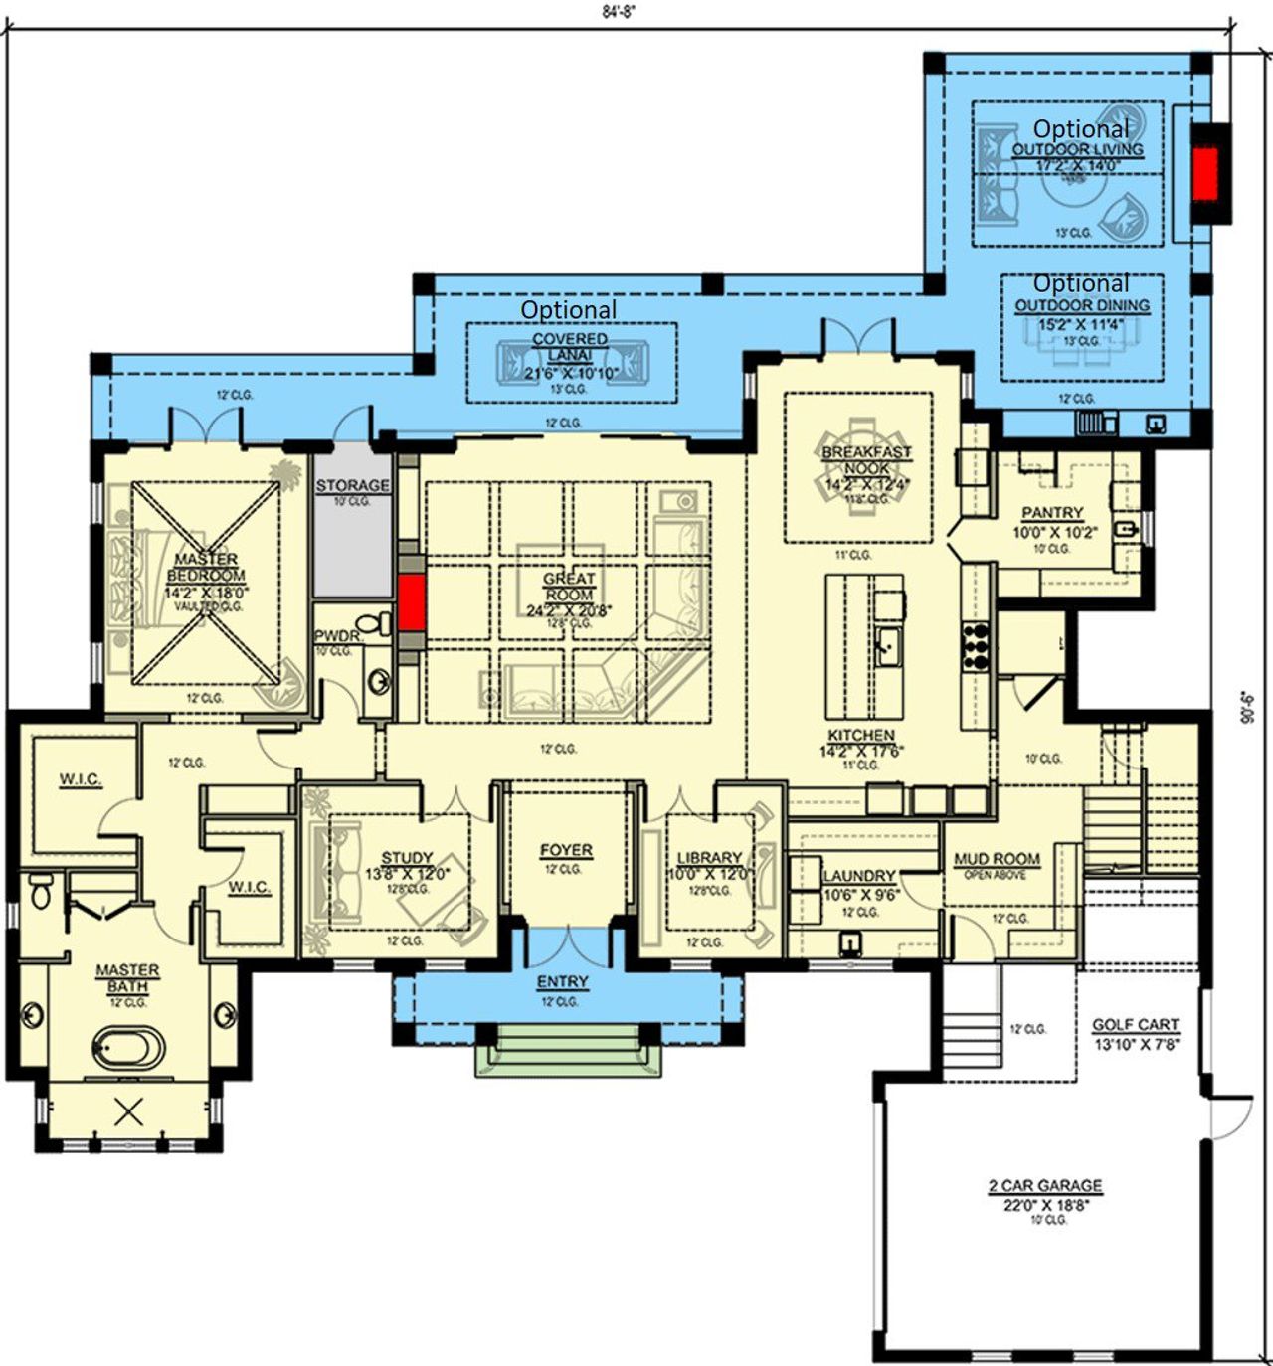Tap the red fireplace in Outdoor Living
click(1205, 175)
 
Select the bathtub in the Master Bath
click(128, 1047)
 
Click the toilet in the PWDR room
click(374, 625)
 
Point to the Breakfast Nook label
click(866, 459)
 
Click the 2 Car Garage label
click(1045, 1185)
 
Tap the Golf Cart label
click(1135, 1024)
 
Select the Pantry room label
click(1052, 513)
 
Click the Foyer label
click(566, 850)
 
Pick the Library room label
click(709, 857)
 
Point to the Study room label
click(407, 857)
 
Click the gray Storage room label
click(352, 485)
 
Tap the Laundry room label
click(859, 876)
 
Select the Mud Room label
click(997, 859)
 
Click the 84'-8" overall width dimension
click(619, 12)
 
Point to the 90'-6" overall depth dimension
click(1249, 708)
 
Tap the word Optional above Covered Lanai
click(569, 310)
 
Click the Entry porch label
click(563, 981)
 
